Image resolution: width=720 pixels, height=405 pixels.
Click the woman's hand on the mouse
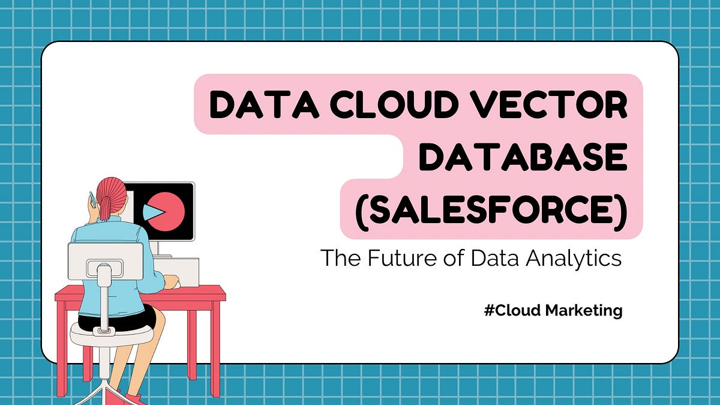(170, 280)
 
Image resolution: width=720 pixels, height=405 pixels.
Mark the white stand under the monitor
(155, 248)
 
